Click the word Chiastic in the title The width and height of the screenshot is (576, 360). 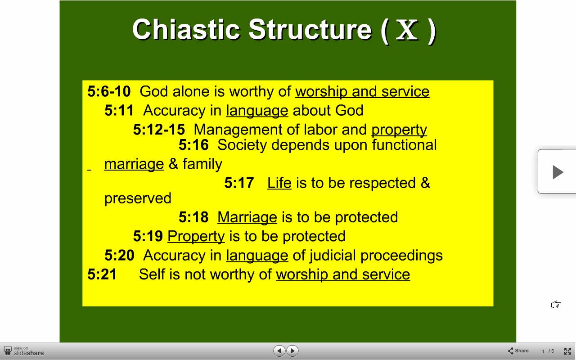pos(186,30)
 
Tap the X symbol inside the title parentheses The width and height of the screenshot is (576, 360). pos(407,30)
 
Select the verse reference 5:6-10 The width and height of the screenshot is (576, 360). pos(109,91)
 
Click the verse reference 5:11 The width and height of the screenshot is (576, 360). pos(119,110)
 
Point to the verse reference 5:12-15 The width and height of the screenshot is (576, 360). pos(159,129)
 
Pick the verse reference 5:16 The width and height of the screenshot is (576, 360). pos(193,145)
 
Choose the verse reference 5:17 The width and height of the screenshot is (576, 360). pos(239,183)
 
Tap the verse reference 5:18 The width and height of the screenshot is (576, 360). pos(193,217)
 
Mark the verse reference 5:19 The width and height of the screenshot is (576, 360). pos(148,236)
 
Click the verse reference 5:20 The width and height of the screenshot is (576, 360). pos(119,255)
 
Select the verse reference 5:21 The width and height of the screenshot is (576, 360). pos(102,274)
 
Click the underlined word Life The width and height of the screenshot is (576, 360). pos(279,183)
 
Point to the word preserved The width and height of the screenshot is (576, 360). pos(138,199)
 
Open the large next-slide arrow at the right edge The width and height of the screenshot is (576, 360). pos(558,172)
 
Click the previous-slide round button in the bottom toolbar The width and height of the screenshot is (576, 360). pos(279,351)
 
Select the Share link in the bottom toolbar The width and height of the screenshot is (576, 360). pos(518,351)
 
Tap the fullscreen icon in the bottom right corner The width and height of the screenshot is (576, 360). pos(567,351)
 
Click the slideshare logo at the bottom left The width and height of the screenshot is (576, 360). pos(24,351)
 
